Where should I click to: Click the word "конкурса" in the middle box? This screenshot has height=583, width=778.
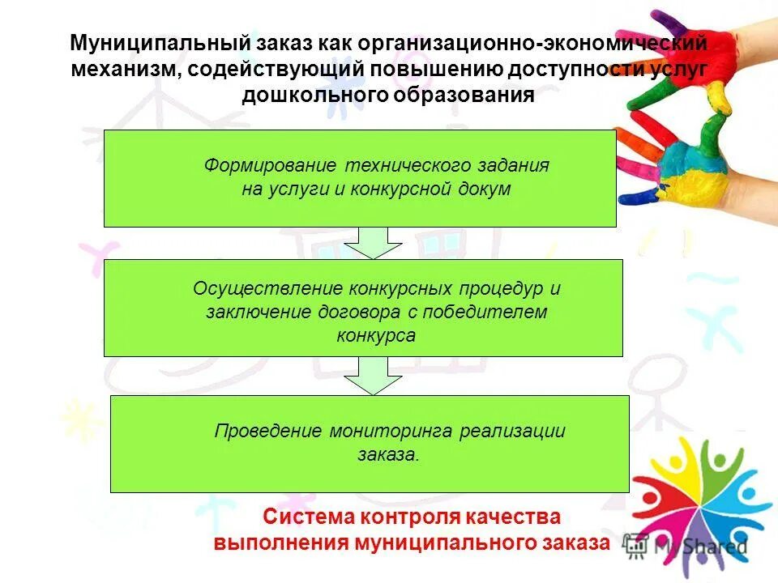click(375, 335)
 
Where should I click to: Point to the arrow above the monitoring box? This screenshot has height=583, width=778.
click(373, 376)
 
